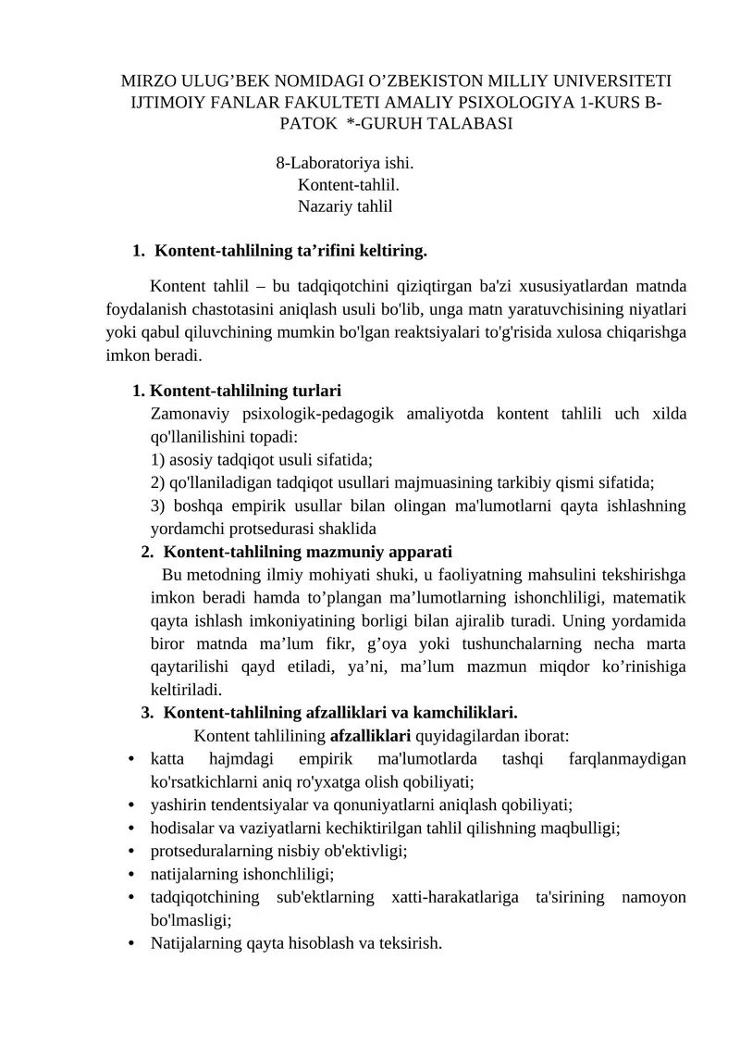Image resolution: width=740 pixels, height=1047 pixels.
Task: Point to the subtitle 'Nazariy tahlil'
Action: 345,206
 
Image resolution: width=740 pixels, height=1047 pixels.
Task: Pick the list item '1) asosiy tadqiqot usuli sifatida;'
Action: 262,459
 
